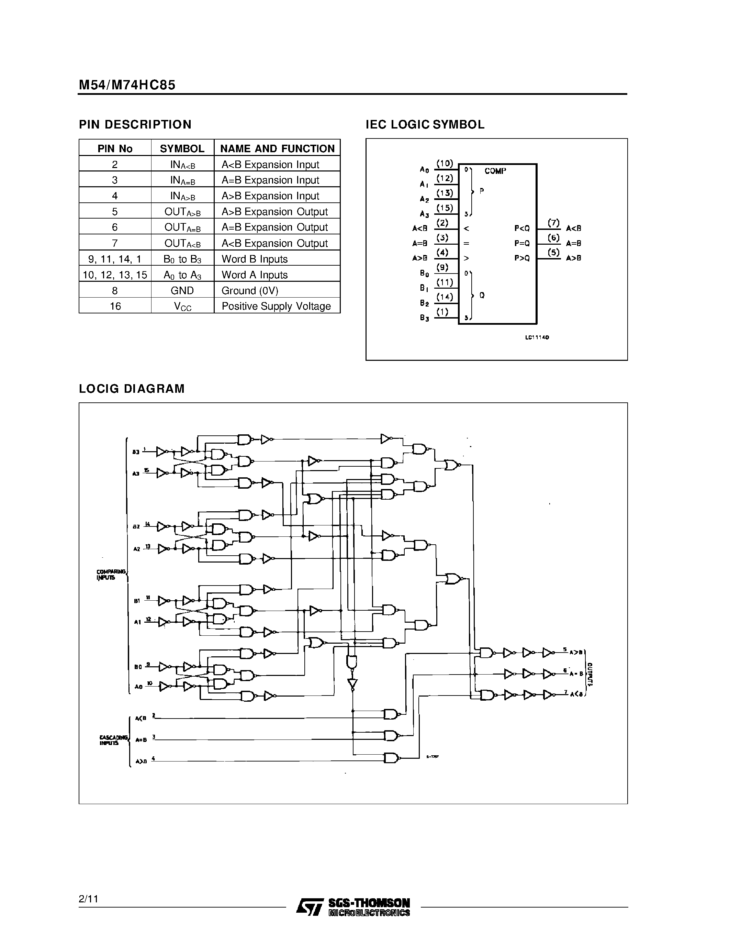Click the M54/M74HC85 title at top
pyautogui.click(x=127, y=85)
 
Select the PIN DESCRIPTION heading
pyautogui.click(x=135, y=125)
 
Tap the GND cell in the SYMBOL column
pyautogui.click(x=182, y=291)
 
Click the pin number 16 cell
pyautogui.click(x=115, y=306)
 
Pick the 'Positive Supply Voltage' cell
pyautogui.click(x=276, y=306)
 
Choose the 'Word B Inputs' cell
pyautogui.click(x=254, y=259)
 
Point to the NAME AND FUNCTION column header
pyautogui.click(x=277, y=149)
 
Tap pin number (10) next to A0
pyautogui.click(x=445, y=164)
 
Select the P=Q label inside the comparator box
pyautogui.click(x=522, y=244)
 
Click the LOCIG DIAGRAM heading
pyautogui.click(x=132, y=389)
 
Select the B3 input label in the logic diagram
pyautogui.click(x=136, y=452)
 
